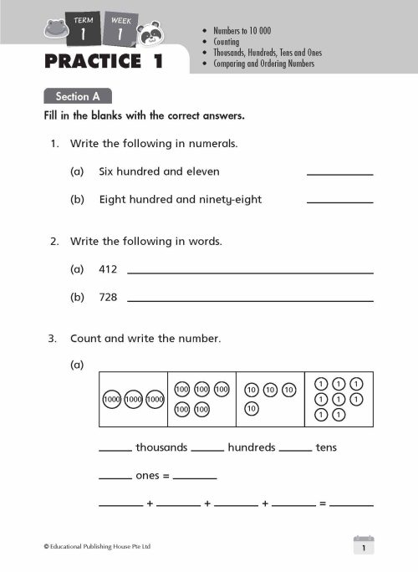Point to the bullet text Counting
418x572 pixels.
coord(226,42)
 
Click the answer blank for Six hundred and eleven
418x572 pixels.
coord(339,171)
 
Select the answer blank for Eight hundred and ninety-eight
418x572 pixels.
coord(339,200)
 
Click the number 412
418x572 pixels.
coord(109,269)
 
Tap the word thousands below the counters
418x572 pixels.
coord(161,447)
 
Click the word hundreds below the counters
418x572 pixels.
coord(251,447)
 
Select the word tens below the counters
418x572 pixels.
coord(327,447)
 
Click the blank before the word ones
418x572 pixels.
coord(115,478)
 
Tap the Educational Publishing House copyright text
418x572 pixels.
coord(97,547)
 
